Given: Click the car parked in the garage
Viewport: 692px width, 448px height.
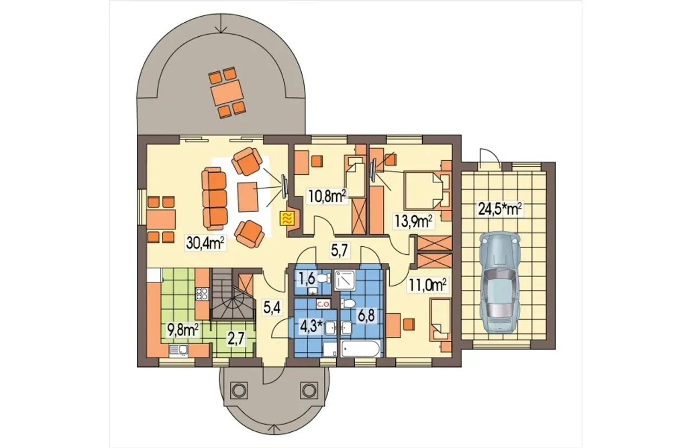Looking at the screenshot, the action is point(500,283).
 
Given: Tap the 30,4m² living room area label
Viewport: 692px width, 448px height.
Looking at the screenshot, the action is point(205,243).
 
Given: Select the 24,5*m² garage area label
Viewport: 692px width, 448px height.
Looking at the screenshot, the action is point(500,209).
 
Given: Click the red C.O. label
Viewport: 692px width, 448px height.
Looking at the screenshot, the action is point(323,304).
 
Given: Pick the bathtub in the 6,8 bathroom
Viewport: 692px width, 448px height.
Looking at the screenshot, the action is point(360,349).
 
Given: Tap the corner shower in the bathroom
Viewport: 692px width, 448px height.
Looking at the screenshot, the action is point(345,281).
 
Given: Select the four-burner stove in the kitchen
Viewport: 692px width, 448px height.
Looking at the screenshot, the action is point(202,294).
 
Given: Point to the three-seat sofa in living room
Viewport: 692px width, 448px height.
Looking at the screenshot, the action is point(215,199).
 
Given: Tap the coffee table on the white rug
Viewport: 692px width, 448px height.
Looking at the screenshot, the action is point(248,196).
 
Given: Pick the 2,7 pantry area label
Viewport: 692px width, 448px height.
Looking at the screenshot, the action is point(236,339).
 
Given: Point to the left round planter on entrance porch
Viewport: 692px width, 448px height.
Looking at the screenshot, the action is point(238,391).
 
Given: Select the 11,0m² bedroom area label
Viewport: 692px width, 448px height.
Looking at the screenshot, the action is point(428,285).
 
